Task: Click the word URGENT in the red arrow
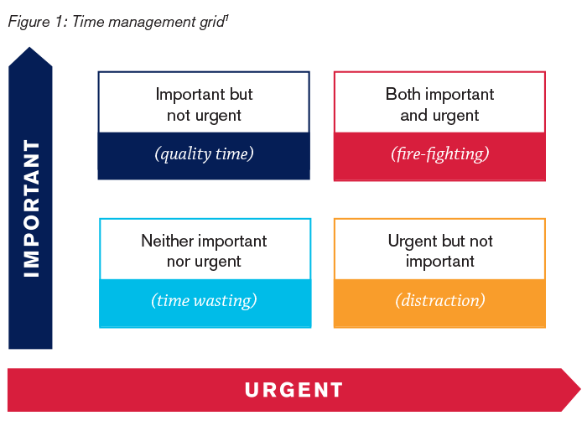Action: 293,390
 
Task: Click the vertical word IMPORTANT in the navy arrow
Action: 31,208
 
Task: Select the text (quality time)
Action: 204,153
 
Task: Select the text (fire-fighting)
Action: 439,153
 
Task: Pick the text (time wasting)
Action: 204,300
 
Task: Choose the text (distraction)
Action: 439,300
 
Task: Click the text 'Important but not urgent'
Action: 204,105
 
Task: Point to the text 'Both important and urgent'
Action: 439,105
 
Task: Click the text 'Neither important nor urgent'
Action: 204,251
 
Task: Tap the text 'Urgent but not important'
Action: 439,251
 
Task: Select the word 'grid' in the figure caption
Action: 209,22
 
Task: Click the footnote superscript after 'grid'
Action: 226,17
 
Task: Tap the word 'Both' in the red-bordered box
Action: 403,94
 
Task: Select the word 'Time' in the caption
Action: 87,22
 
